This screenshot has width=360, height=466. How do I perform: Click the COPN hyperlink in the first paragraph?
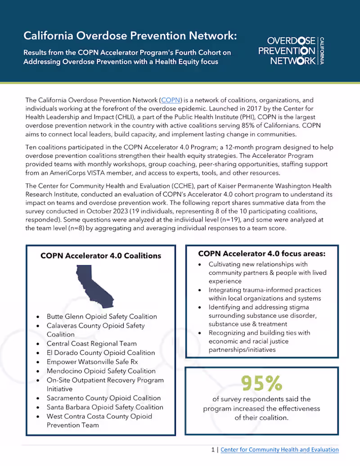point(171,100)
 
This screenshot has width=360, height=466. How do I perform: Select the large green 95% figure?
point(261,383)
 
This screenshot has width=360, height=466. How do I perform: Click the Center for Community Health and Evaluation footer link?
point(279,449)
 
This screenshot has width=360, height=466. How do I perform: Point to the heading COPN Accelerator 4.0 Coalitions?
point(101,255)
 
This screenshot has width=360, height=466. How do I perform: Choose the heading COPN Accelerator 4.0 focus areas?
point(262,253)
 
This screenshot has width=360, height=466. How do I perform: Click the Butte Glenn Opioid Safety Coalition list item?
point(102,316)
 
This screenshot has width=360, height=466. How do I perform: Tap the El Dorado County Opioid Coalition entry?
point(101,353)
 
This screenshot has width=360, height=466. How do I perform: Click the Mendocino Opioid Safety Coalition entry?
point(101,371)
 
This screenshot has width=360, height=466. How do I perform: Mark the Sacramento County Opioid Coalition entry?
point(103,398)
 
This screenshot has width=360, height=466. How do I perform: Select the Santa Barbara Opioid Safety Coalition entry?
point(105,407)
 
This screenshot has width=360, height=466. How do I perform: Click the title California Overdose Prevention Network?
point(130,35)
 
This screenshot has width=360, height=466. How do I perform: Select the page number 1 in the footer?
point(213,449)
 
